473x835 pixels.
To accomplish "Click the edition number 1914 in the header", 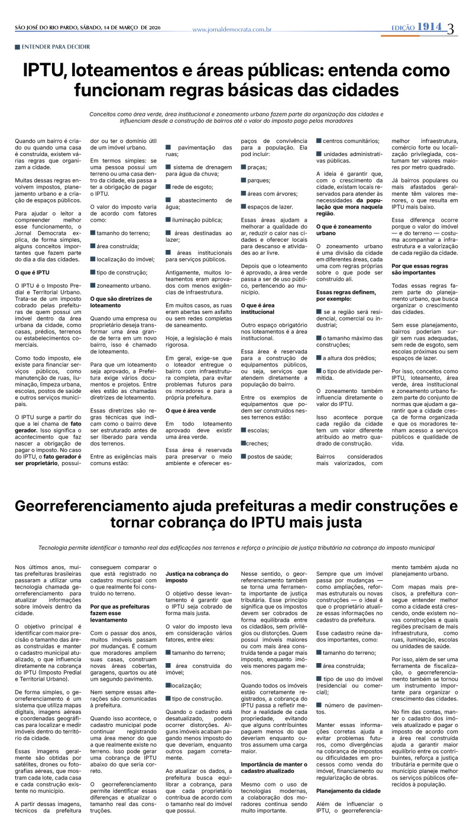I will tap(429, 27).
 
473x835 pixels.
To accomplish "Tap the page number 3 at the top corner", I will tap(451, 28).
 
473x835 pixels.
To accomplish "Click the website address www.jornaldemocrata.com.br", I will tap(232, 29).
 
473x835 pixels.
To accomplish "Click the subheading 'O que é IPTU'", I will tap(32, 272).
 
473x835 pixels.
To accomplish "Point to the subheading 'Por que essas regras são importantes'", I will tap(419, 269).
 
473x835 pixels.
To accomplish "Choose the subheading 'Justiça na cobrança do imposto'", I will tap(196, 577).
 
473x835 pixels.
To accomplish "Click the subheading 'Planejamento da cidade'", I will tap(348, 791).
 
